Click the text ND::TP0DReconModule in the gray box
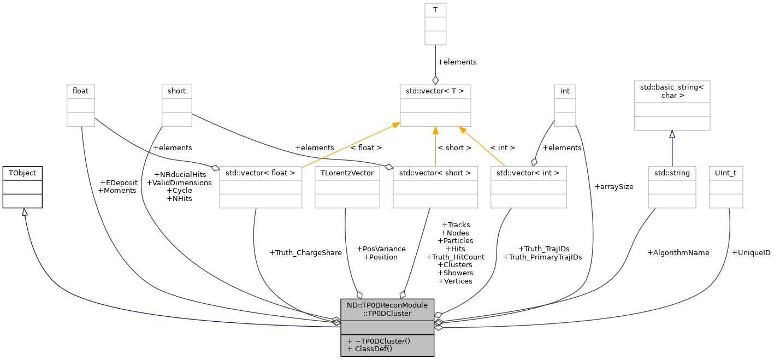pos(387,305)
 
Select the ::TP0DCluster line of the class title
pos(387,314)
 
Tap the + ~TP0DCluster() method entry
pos(378,341)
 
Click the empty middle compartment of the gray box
pos(387,327)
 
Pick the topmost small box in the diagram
pos(435,24)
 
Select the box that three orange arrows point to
pos(435,105)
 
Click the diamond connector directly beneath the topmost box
pos(435,80)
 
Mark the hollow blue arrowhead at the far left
pos(25,212)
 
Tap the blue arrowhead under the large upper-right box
pos(672,134)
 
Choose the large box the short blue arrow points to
pos(672,105)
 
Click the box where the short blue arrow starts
pos(672,187)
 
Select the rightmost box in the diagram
pos(726,187)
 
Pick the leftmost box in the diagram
pos(81,105)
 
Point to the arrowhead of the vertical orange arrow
pos(435,131)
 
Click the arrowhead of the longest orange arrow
pos(395,126)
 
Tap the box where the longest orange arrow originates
pos(261,187)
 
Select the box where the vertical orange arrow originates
pos(435,187)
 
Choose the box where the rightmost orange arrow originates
pos(528,187)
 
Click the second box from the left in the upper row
pos(177,105)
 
